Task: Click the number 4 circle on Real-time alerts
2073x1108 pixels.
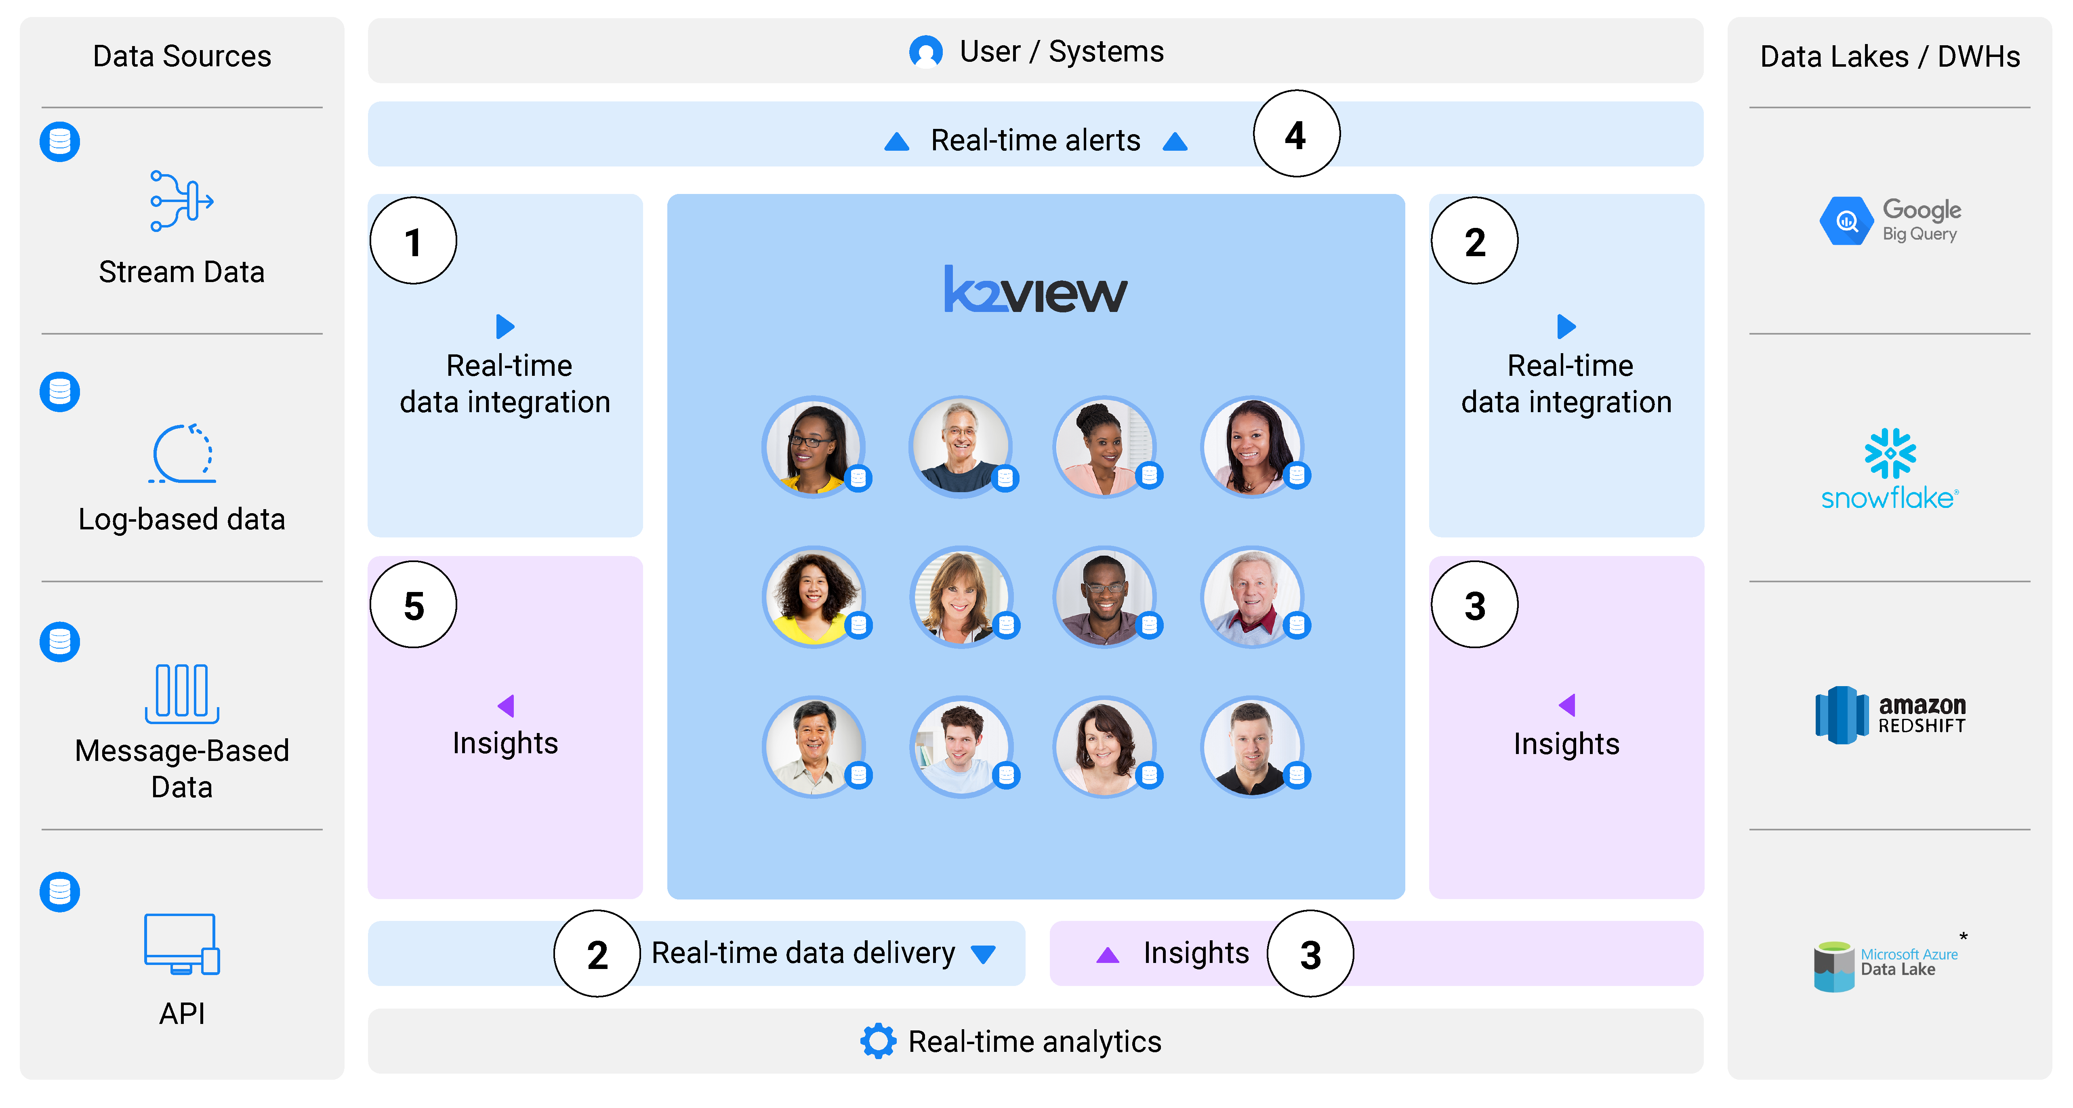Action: coord(1296,135)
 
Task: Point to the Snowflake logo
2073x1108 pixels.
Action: coord(1890,470)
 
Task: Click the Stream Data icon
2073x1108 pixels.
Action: coord(182,201)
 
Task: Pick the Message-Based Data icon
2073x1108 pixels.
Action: coord(182,693)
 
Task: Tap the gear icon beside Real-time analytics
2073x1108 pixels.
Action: coord(878,1041)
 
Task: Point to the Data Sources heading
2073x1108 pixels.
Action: coord(182,56)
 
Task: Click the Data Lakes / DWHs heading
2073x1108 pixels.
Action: coord(1890,56)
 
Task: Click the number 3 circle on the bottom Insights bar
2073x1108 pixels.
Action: coord(1310,954)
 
